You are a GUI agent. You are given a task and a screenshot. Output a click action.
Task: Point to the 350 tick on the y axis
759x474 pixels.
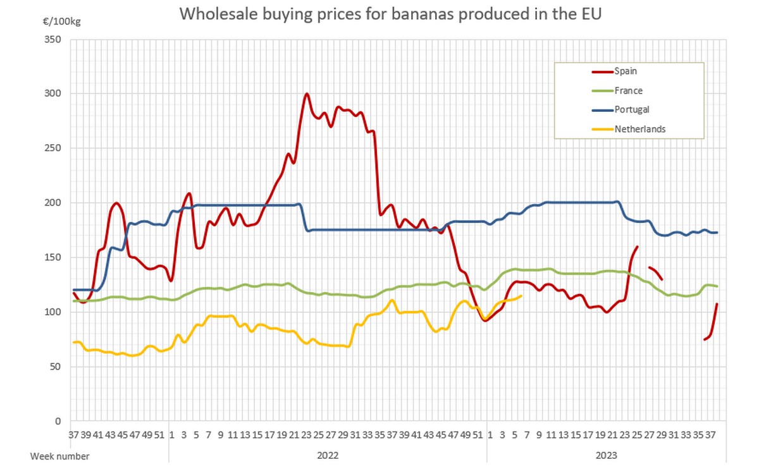click(53, 39)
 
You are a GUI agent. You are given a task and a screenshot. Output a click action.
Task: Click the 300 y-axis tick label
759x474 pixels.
click(53, 94)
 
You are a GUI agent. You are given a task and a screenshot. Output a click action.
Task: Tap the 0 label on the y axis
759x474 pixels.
click(59, 421)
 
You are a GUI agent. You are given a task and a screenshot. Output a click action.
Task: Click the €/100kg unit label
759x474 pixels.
click(63, 21)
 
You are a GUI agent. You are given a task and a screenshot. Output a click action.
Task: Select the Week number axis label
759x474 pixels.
click(60, 455)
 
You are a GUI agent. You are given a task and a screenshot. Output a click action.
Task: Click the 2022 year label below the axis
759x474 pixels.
click(328, 455)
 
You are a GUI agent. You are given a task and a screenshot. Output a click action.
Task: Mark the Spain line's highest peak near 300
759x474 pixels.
click(307, 94)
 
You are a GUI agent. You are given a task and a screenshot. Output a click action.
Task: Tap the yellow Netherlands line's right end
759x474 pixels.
click(521, 296)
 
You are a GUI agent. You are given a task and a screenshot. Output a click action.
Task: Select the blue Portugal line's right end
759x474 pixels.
click(717, 233)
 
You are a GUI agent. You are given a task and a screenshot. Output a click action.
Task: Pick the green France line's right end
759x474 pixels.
click(717, 286)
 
